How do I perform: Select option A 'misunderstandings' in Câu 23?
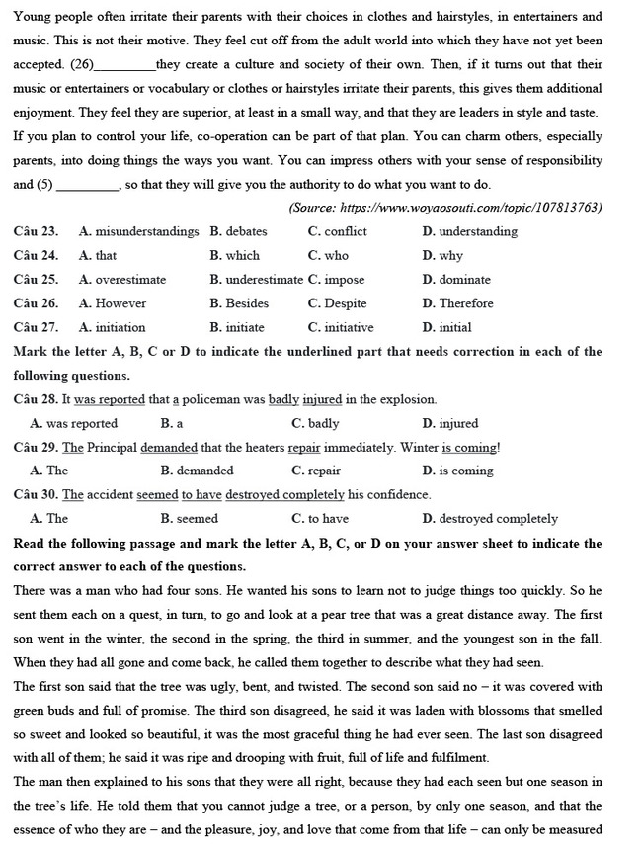(x=138, y=231)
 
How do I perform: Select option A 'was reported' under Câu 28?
(x=74, y=423)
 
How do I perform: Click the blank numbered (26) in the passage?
(x=125, y=64)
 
